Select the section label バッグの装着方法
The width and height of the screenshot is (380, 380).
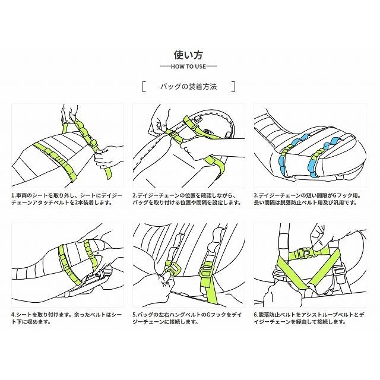click(x=188, y=87)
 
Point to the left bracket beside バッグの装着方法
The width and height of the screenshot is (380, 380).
click(x=144, y=87)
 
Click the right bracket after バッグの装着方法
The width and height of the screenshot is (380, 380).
click(x=234, y=87)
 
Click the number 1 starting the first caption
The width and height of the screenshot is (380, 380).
click(x=12, y=194)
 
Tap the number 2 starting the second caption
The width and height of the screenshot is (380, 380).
click(x=134, y=194)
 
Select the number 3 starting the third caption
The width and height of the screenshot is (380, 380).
click(x=255, y=194)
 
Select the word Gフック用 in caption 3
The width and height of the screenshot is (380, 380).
click(x=349, y=194)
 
